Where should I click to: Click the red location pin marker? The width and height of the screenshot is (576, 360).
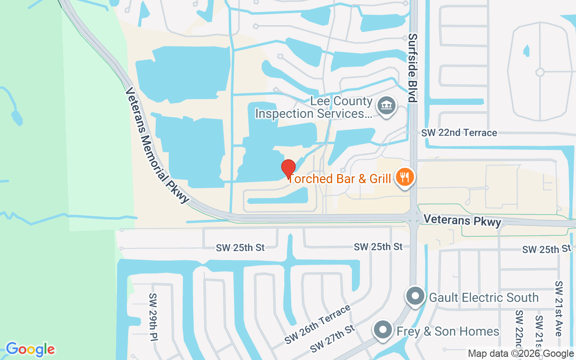(x=288, y=168)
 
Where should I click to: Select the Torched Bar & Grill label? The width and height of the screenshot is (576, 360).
(x=339, y=179)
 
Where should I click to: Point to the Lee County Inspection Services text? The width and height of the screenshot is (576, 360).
(x=314, y=108)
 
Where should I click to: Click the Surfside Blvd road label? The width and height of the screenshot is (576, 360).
(x=413, y=68)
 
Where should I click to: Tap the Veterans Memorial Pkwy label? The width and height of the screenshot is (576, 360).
(x=156, y=145)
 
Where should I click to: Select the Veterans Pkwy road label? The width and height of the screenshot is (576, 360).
(x=462, y=220)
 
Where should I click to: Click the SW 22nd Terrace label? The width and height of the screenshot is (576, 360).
(x=459, y=133)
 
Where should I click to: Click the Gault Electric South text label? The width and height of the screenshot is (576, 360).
(x=484, y=297)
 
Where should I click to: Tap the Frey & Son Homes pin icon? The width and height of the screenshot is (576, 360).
(x=383, y=330)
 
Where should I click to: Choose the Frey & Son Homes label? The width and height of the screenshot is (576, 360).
(x=448, y=332)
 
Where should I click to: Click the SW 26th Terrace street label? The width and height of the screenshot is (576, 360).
(x=318, y=324)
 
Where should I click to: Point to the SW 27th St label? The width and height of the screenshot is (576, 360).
(x=333, y=339)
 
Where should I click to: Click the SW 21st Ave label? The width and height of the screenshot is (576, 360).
(x=559, y=309)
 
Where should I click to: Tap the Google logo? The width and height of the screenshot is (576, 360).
(x=30, y=349)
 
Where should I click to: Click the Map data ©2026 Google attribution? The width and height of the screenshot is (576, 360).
(x=521, y=354)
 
